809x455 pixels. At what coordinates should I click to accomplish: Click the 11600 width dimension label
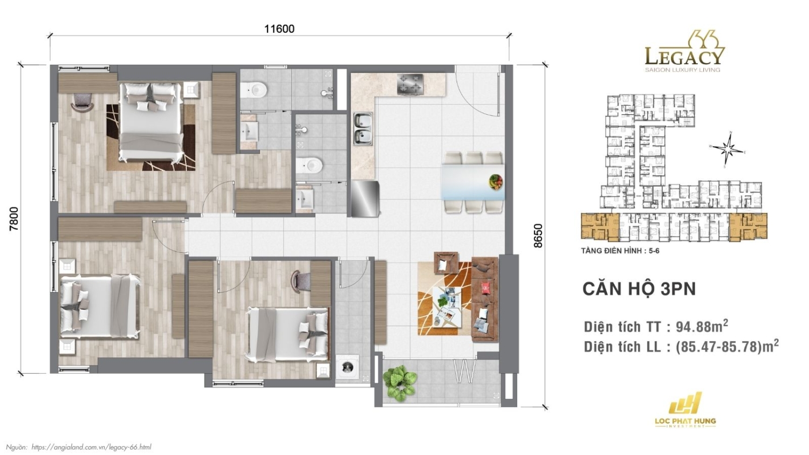pos(279,29)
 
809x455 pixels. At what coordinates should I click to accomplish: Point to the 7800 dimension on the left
pos(14,218)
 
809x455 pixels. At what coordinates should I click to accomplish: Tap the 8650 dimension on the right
pos(538,236)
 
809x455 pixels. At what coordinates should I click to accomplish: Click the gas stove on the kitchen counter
pos(410,84)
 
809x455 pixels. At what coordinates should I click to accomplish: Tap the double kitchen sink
pos(363,129)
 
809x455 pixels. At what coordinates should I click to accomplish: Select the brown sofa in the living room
pos(484,299)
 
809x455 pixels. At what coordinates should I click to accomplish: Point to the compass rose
pos(728,148)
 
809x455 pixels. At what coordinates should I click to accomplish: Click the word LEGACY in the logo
pos(684,56)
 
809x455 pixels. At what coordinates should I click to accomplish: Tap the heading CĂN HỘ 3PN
pos(639,289)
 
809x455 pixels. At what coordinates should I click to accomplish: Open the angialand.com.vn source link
pos(91,447)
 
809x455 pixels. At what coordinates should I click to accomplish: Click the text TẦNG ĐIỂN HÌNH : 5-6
pos(620,251)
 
